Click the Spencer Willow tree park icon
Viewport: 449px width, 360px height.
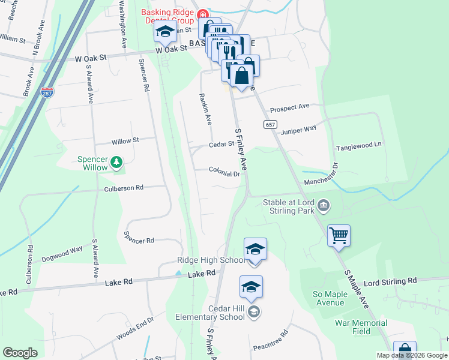tap(116, 161)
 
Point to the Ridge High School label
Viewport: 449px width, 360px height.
tap(210, 260)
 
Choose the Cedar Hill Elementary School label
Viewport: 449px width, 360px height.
tap(210, 313)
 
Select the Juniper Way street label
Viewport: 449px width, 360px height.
tap(298, 129)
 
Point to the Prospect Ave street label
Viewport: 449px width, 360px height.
tap(289, 107)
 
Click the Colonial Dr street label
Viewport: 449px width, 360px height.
tap(224, 173)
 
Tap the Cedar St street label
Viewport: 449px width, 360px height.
tap(220, 145)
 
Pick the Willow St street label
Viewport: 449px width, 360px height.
tap(125, 141)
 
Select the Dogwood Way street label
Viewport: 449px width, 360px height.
tap(62, 255)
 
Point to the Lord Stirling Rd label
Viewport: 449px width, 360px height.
tap(390, 281)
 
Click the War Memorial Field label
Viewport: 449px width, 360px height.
tap(361, 327)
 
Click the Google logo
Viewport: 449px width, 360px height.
tap(20, 353)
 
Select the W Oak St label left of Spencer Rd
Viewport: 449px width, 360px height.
tap(90, 58)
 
